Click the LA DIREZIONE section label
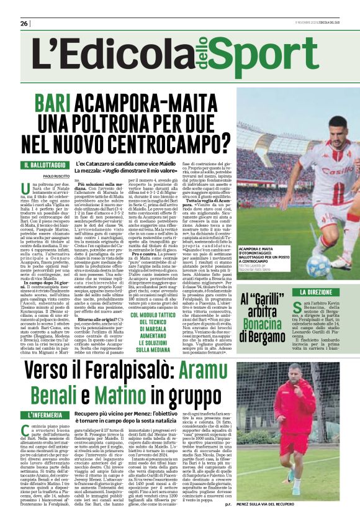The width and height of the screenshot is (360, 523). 320,292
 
